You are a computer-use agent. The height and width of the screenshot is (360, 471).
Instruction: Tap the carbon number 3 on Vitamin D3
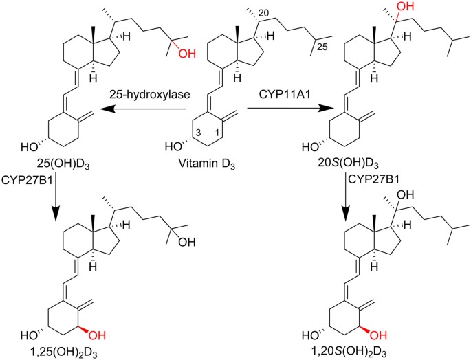[x=195, y=132]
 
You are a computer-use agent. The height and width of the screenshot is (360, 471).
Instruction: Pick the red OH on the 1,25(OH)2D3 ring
[x=102, y=334]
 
